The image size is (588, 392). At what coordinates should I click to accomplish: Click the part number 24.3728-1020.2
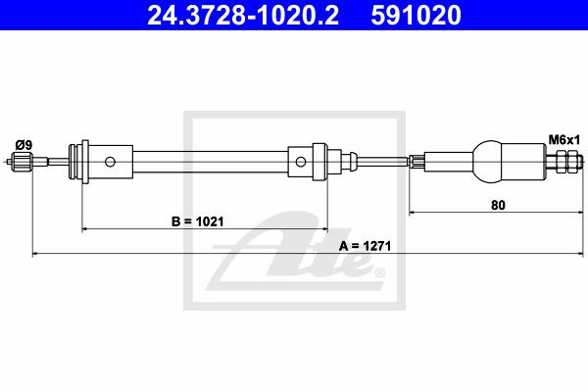tap(243, 15)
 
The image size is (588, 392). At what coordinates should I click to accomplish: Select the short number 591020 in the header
tap(416, 15)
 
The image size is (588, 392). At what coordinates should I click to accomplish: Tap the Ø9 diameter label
tap(24, 145)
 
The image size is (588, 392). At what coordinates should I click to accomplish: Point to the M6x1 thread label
tap(564, 140)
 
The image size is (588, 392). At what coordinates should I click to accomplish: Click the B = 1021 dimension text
tap(198, 221)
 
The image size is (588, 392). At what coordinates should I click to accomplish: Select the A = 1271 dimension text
tap(365, 246)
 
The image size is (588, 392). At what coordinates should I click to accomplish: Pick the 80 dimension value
tap(498, 205)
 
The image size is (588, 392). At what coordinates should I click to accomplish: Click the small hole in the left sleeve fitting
tap(110, 162)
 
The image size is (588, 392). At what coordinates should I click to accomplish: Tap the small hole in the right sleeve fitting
tap(301, 162)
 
